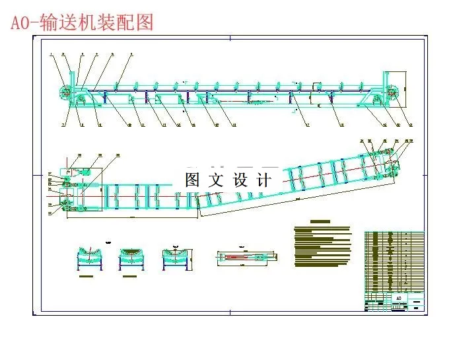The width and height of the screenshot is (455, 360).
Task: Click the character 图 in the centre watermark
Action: (x=193, y=180)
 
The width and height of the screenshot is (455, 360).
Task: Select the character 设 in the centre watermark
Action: (x=240, y=180)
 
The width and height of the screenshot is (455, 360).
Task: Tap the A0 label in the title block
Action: (x=398, y=299)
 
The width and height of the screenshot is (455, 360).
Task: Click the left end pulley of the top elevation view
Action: (x=65, y=93)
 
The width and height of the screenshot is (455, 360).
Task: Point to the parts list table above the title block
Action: (x=395, y=261)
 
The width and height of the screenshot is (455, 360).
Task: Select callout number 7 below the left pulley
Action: (x=63, y=124)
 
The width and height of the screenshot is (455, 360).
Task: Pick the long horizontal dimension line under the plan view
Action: (x=132, y=216)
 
